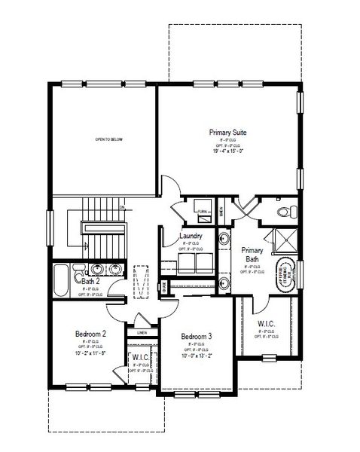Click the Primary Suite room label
tap(228, 132)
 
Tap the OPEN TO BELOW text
tap(108, 139)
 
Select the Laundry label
tap(189, 237)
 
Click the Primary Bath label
tap(251, 255)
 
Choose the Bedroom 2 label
tap(90, 333)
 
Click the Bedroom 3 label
tap(195, 336)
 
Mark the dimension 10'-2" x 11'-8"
tap(90, 352)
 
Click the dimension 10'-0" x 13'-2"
tap(195, 356)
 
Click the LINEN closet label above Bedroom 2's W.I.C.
tap(142, 331)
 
